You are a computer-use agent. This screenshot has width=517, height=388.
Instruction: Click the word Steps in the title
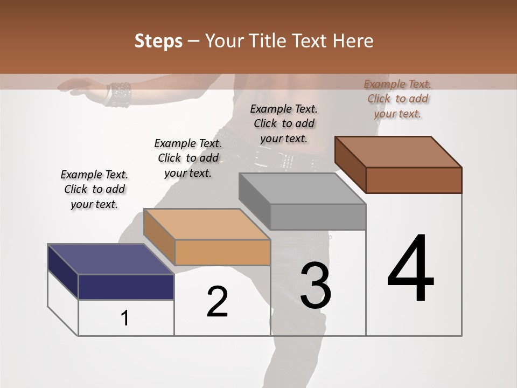(x=158, y=41)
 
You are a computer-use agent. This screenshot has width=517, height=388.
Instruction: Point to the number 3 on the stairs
(x=316, y=286)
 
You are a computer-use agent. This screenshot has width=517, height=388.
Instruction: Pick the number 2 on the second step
(x=217, y=302)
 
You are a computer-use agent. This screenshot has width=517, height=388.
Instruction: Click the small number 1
(x=125, y=318)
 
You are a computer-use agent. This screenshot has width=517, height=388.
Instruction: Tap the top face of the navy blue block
(x=110, y=259)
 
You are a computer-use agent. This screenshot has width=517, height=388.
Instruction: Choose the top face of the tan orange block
(x=206, y=224)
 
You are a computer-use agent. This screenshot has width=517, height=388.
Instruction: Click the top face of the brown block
(x=399, y=152)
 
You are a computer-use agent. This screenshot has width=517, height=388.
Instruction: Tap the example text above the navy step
(x=94, y=189)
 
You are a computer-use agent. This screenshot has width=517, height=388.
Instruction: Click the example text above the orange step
(x=188, y=158)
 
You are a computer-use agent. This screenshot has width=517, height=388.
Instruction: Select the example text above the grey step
(x=284, y=123)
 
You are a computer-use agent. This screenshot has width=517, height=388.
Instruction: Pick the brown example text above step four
(x=397, y=99)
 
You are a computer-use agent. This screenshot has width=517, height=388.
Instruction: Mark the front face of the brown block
(x=414, y=180)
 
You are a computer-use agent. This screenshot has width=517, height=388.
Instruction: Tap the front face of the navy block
(x=126, y=287)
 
